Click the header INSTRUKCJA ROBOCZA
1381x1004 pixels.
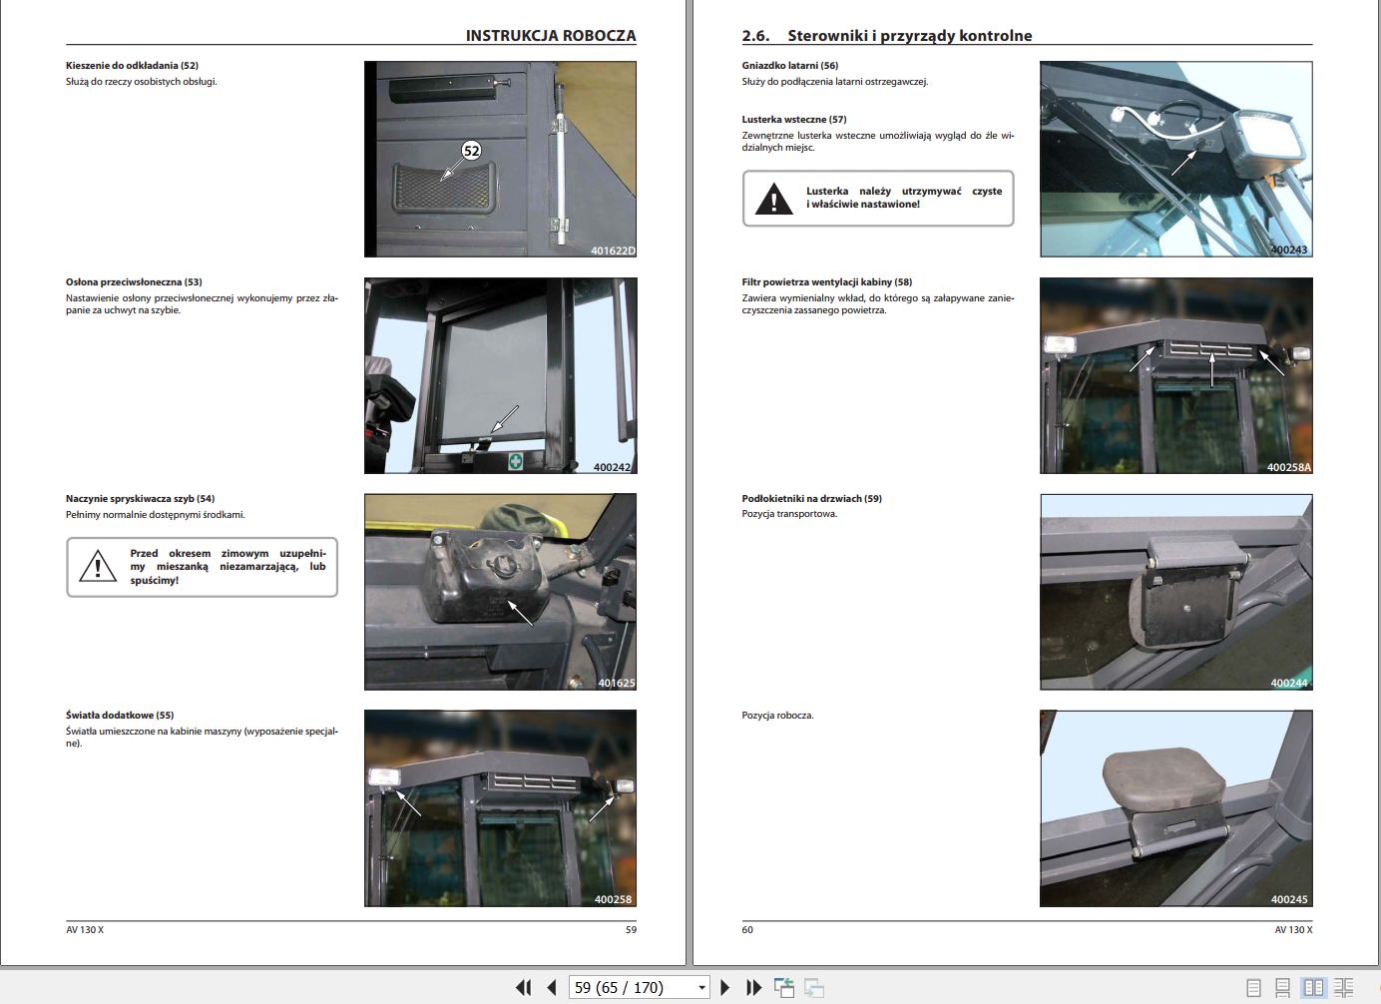(550, 35)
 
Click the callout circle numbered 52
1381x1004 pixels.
(471, 151)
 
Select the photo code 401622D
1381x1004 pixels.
(612, 251)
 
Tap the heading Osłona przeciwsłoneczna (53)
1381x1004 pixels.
(134, 282)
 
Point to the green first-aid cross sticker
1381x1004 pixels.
(515, 461)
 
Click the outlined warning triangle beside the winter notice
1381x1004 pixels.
(98, 567)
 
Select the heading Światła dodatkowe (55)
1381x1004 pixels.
(120, 716)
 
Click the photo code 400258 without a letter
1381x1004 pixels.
(613, 899)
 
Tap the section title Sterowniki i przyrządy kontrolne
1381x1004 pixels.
(909, 36)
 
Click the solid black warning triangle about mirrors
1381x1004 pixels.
(773, 200)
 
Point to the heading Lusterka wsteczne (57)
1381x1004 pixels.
(793, 120)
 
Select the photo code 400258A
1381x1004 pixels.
(1288, 467)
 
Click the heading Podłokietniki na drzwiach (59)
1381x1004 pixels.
(811, 499)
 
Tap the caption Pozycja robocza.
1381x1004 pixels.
(777, 716)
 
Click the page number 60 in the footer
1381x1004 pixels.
(747, 929)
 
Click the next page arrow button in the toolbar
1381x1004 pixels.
(725, 987)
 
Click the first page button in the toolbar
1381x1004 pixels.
(523, 987)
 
